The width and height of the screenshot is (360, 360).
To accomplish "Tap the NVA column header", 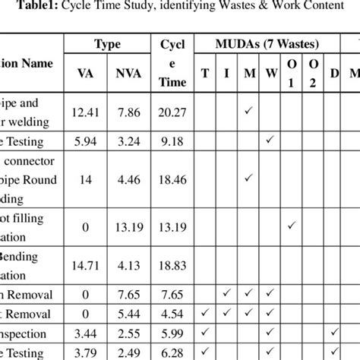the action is (x=128, y=74).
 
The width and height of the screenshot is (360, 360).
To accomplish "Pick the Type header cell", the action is (x=108, y=45).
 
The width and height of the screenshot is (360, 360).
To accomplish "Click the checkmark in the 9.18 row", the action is (x=270, y=140).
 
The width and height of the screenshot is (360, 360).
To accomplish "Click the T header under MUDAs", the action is (x=205, y=74).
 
